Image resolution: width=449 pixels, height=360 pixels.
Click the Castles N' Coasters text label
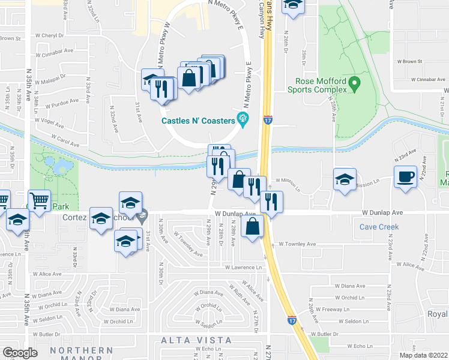pyautogui.click(x=197, y=121)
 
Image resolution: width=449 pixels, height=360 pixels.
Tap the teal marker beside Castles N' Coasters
pyautogui.click(x=243, y=118)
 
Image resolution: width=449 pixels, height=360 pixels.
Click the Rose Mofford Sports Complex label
pyautogui.click(x=321, y=85)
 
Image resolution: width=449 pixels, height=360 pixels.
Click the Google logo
pyautogui.click(x=19, y=353)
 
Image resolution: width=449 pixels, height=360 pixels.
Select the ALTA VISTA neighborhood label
pyautogui.click(x=196, y=340)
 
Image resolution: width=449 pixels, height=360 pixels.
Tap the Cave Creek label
pyautogui.click(x=379, y=227)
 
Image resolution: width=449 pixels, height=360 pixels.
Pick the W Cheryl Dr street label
pyautogui.click(x=52, y=35)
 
